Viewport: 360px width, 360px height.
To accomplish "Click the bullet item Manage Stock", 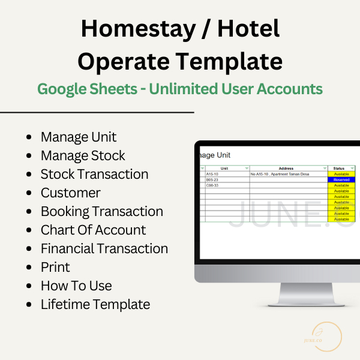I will tap(83, 155).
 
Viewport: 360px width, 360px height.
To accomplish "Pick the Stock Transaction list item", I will tap(94, 174).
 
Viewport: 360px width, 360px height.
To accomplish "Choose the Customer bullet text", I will tap(70, 193).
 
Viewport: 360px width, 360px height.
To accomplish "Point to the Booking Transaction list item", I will tap(101, 211).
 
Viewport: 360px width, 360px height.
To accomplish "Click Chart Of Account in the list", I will tap(93, 230).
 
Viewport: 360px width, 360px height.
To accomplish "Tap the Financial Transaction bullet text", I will tap(104, 248).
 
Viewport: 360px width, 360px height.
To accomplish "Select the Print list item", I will tap(55, 267).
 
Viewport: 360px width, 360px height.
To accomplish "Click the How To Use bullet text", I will tap(76, 286).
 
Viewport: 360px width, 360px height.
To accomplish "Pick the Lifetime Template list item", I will tap(95, 304).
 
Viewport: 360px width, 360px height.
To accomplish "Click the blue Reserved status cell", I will tap(341, 180).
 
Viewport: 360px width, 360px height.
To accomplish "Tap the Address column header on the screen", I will tap(286, 169).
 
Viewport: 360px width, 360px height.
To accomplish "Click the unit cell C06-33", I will tap(213, 185).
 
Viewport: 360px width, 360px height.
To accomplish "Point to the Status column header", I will tap(339, 169).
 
